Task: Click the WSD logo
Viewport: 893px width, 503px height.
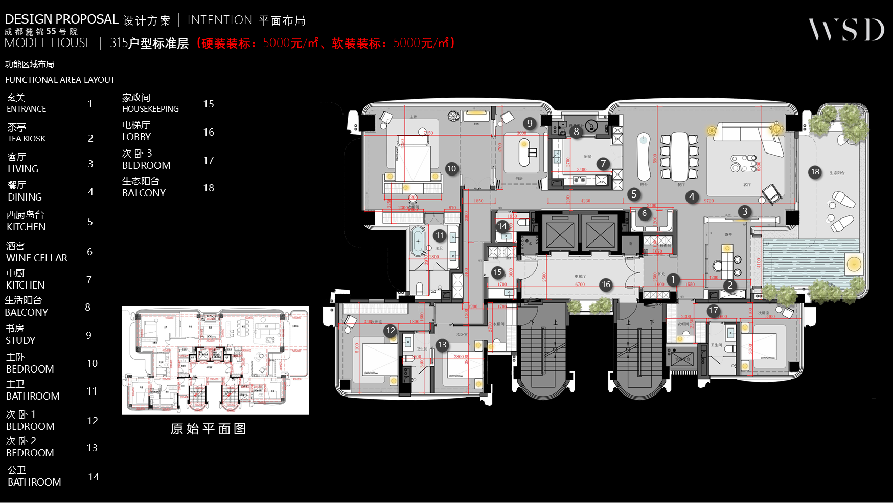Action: point(846,30)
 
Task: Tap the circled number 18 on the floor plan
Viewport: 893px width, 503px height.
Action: point(815,172)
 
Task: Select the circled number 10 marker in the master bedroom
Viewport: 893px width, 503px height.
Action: point(451,168)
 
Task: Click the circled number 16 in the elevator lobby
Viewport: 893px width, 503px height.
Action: point(606,284)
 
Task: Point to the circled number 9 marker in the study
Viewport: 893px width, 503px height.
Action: point(530,123)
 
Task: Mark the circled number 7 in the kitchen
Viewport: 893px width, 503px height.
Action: point(603,164)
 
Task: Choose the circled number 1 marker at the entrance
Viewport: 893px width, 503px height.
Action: point(673,279)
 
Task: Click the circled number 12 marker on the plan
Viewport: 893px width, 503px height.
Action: point(391,330)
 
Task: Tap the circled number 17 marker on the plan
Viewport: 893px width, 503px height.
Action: point(714,310)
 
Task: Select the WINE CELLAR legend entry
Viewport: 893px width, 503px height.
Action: point(36,258)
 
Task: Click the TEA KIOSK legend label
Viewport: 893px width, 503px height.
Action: point(27,138)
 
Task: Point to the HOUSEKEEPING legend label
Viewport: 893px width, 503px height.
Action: point(150,108)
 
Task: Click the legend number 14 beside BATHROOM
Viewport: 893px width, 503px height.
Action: point(94,477)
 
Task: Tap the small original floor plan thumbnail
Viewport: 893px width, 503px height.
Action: point(215,360)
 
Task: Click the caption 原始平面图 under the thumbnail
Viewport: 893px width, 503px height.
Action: point(208,429)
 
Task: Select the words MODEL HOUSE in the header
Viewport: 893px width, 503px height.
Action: point(48,43)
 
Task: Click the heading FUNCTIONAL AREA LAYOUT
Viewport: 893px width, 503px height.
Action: point(60,80)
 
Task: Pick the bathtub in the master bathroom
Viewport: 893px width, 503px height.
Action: point(418,241)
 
